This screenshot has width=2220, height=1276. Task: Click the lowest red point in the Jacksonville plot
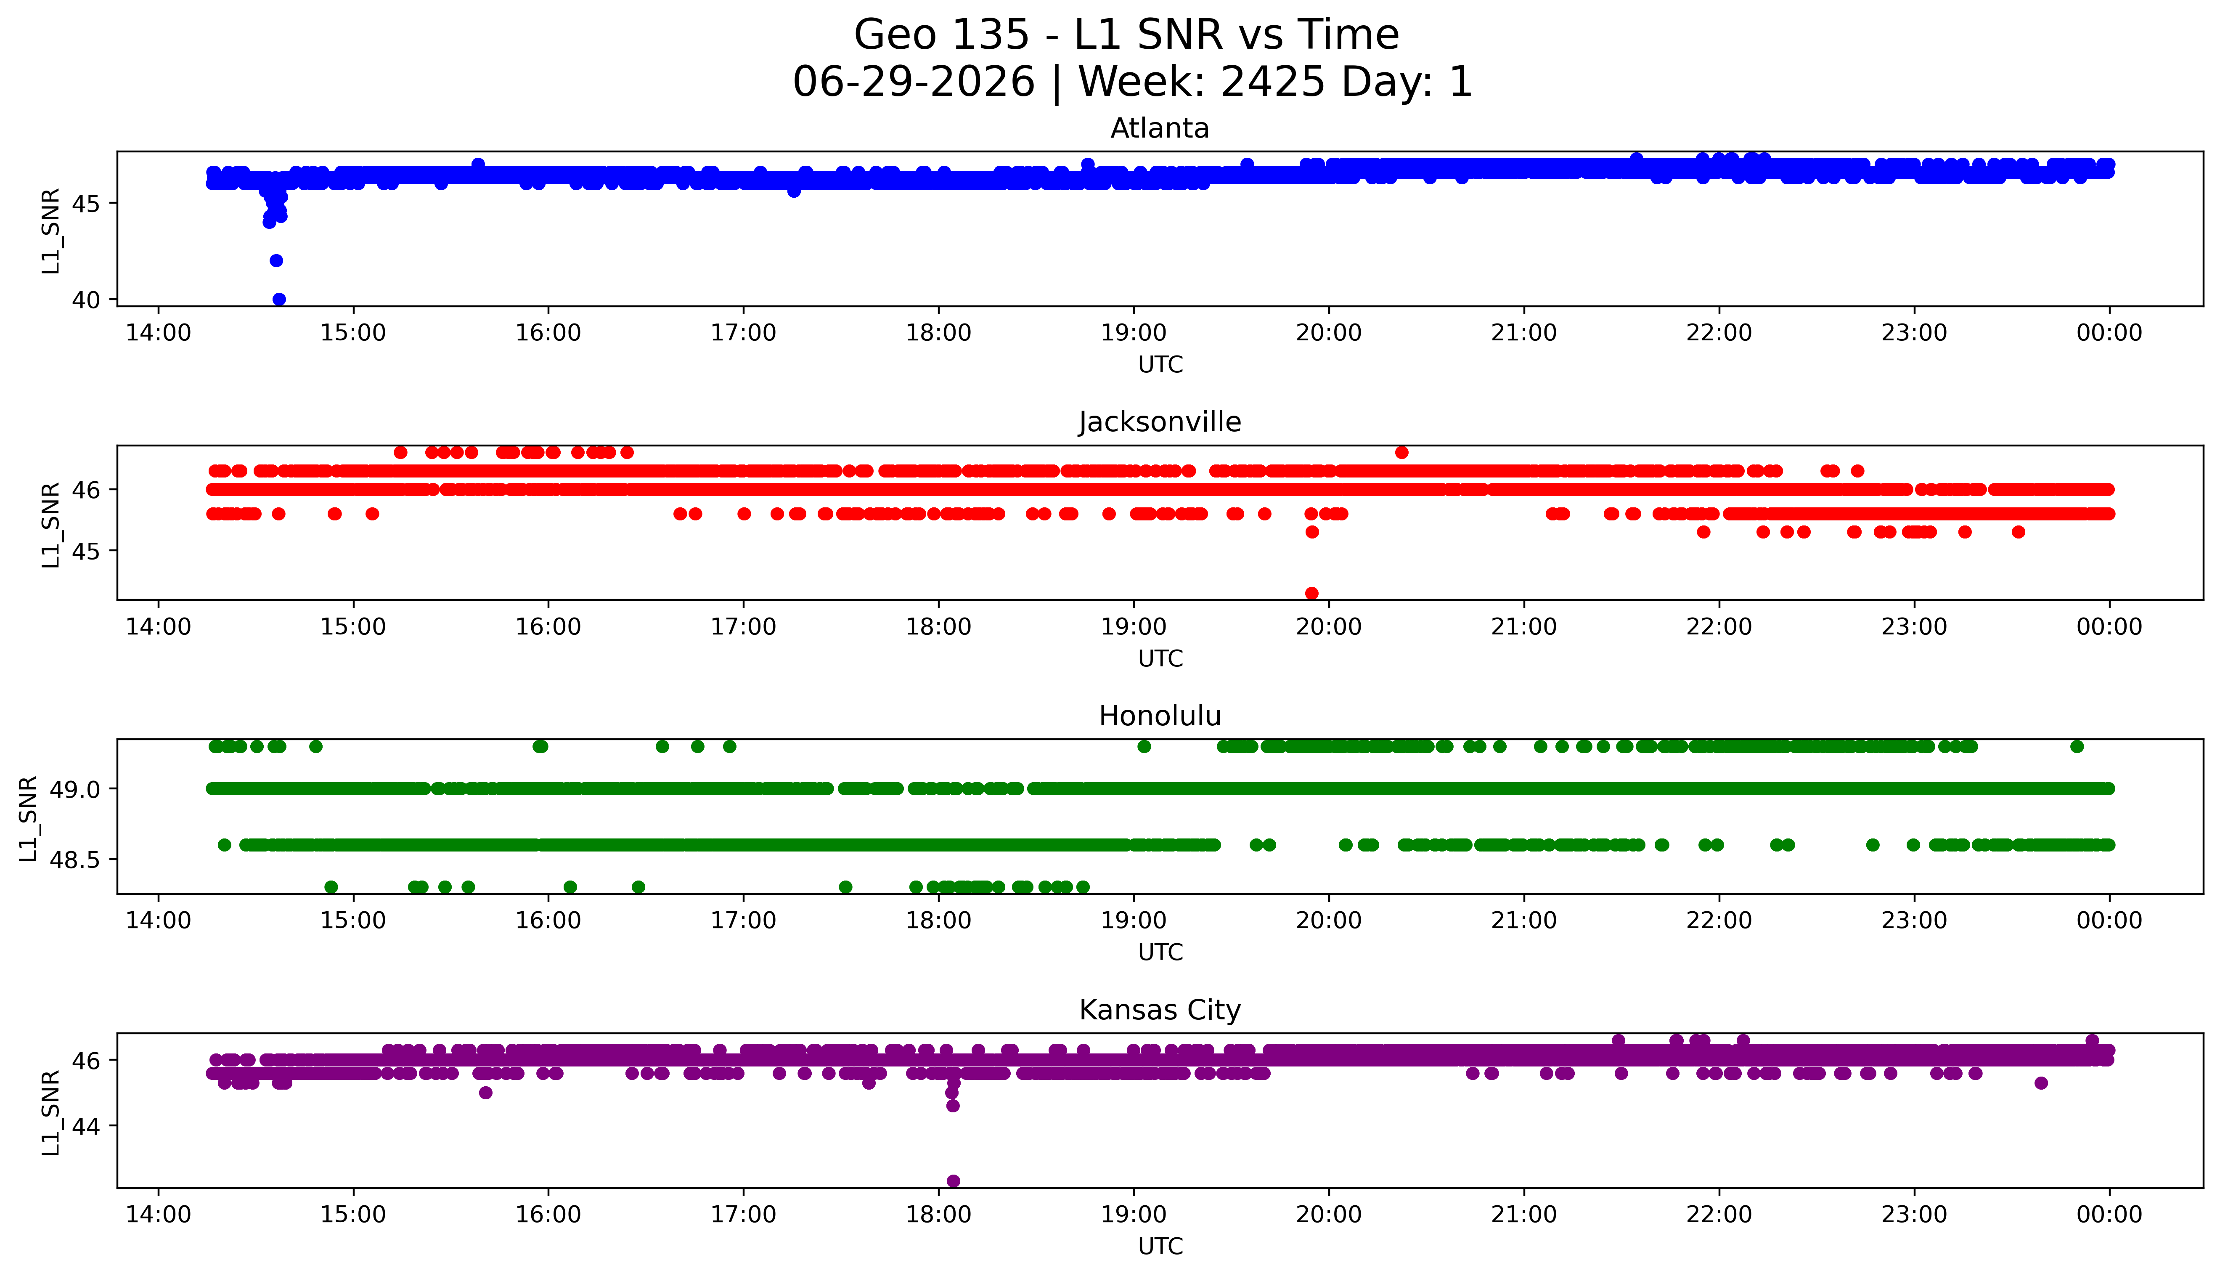pyautogui.click(x=1311, y=593)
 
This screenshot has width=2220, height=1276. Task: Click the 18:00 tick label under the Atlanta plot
pyautogui.click(x=938, y=333)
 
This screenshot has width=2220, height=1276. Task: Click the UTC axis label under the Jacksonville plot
pyautogui.click(x=1160, y=658)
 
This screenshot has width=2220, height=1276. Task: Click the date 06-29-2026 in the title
pyautogui.click(x=914, y=82)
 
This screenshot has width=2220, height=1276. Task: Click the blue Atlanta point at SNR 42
pyautogui.click(x=276, y=260)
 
